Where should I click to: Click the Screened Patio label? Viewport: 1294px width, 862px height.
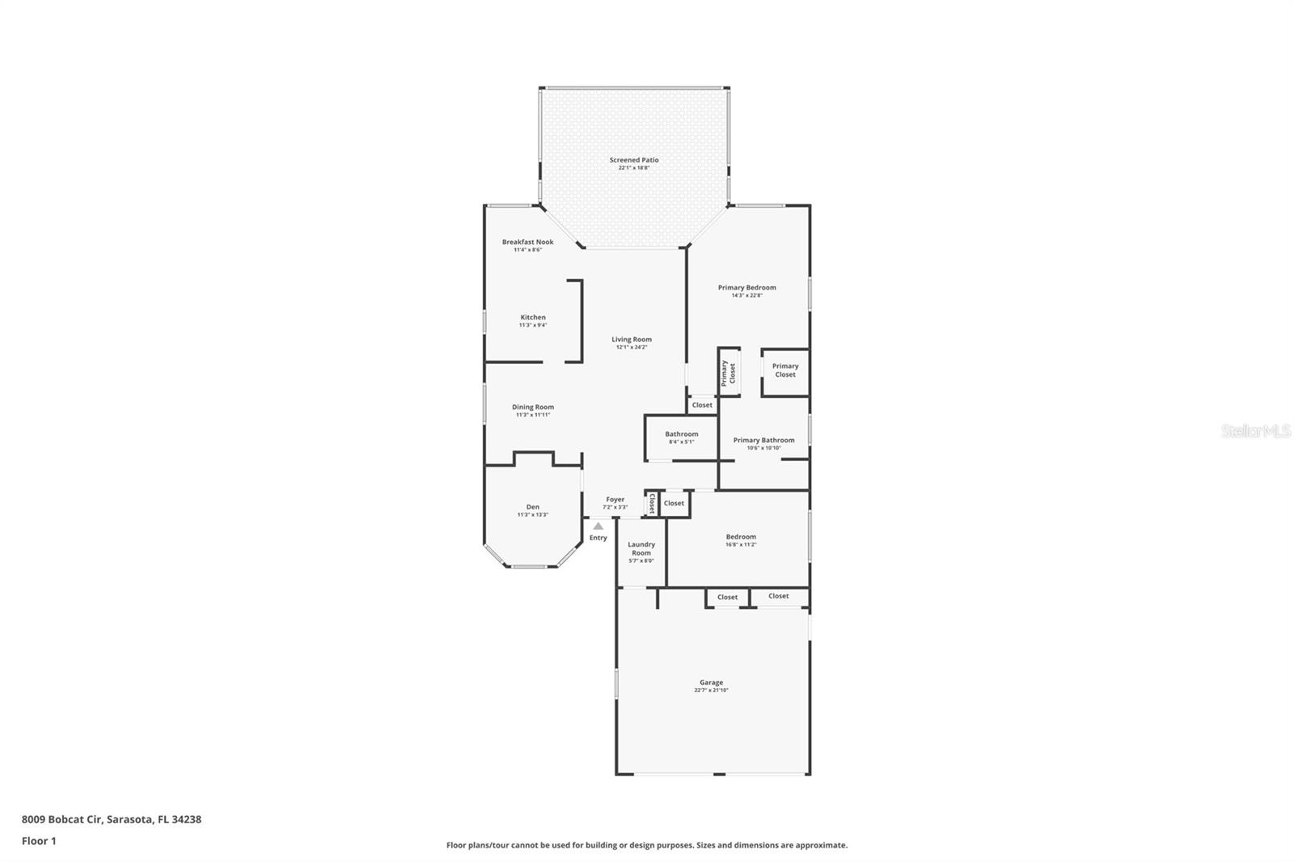coord(633,160)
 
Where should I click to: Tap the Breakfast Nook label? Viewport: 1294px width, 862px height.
coord(527,242)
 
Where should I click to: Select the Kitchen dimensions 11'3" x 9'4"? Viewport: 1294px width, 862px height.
coord(533,325)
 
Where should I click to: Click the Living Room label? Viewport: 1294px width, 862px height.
coord(631,340)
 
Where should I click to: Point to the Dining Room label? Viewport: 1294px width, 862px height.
coord(533,408)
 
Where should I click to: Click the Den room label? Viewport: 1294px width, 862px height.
coord(533,507)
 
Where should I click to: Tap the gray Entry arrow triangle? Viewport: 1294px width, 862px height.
coord(598,526)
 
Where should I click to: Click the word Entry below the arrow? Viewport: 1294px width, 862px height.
coord(598,538)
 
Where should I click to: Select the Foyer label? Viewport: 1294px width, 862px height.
coord(615,500)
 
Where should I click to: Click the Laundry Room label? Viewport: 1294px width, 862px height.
coord(641,549)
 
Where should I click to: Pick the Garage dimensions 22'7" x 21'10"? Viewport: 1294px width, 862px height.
coord(711,691)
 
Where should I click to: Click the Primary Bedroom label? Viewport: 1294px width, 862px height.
coord(746,288)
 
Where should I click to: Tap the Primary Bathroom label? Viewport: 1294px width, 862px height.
coord(763,441)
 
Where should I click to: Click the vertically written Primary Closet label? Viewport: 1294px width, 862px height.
coord(729,373)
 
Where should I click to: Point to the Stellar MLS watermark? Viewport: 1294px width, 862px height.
coord(1255,432)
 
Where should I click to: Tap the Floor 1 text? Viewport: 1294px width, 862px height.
coord(39,841)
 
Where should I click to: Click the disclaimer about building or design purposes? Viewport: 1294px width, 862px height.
coord(646,845)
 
